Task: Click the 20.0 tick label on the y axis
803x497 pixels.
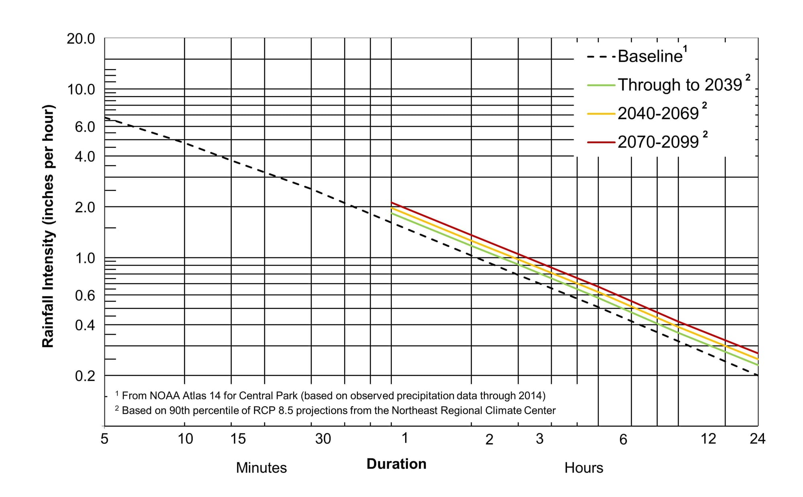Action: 81,39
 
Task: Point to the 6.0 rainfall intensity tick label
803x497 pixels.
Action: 85,127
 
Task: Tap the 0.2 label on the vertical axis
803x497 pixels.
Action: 85,376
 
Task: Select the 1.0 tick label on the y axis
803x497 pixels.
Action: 85,258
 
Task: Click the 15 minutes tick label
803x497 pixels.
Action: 238,439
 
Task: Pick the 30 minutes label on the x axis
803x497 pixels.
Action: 323,439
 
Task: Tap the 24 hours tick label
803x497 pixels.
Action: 757,439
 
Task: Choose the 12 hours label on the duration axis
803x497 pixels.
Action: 708,439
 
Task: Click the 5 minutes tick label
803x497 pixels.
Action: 104,439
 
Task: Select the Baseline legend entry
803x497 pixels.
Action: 650,56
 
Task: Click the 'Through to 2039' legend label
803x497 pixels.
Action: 680,85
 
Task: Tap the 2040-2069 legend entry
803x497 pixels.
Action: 658,114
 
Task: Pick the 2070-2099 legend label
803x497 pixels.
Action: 658,142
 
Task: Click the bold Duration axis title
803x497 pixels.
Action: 396,464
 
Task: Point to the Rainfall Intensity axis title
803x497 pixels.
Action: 48,226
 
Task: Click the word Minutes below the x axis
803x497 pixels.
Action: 261,468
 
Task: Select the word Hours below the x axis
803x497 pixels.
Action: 584,468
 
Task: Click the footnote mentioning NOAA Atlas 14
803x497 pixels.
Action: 333,396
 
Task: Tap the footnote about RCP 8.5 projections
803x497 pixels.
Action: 338,411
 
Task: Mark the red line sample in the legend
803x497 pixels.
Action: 601,142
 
